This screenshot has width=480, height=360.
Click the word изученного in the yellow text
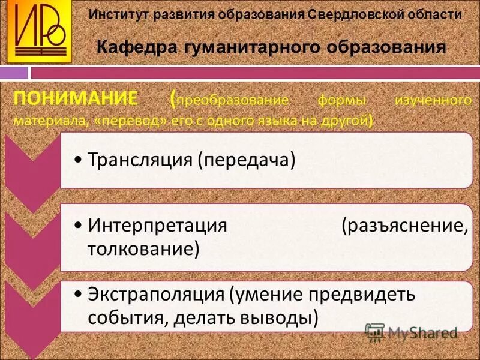pos(432,100)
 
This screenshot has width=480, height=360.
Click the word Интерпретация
pos(157,226)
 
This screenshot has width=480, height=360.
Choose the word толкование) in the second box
pos(143,247)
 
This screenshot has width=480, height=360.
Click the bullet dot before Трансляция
pos(80,160)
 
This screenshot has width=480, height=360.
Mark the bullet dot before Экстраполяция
pos(80,296)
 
